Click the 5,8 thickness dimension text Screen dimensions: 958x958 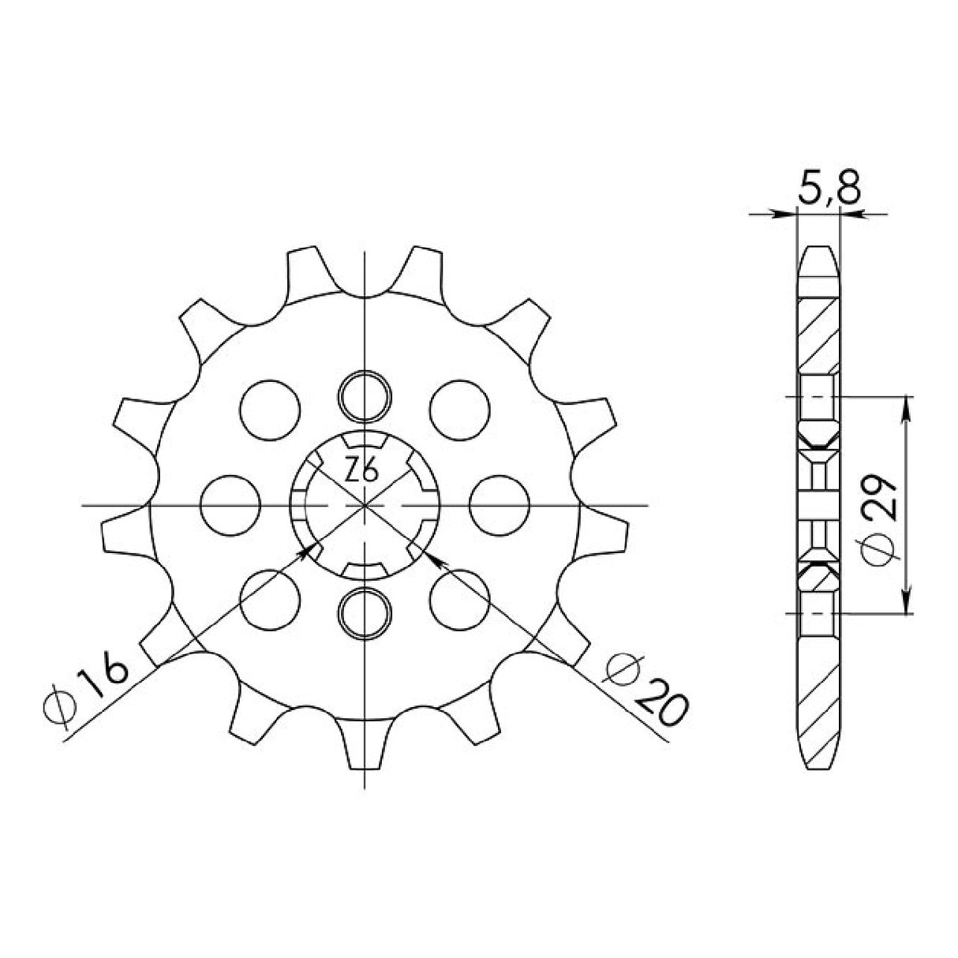(x=828, y=191)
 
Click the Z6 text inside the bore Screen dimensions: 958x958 (x=362, y=472)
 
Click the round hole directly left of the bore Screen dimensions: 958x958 (x=231, y=503)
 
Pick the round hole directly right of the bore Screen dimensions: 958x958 (x=499, y=503)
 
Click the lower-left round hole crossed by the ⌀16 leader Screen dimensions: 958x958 (x=271, y=598)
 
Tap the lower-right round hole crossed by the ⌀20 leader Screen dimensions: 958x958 (x=459, y=598)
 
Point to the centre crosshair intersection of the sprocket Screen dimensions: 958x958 (x=365, y=503)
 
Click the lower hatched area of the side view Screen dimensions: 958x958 (x=819, y=694)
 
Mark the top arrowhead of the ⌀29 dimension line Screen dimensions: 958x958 (x=907, y=404)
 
